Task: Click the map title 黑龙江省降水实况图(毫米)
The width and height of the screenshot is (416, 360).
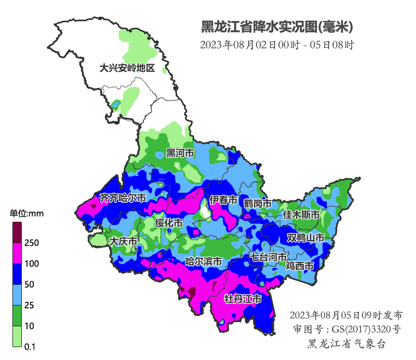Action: click(x=277, y=27)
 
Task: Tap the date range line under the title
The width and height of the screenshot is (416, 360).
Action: click(x=277, y=45)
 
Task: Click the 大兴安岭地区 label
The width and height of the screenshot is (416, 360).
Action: click(x=127, y=68)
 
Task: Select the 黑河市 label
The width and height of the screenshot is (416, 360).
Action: click(x=180, y=153)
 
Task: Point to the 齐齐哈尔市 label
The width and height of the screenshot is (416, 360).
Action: click(x=123, y=198)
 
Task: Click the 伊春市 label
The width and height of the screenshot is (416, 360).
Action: click(x=223, y=200)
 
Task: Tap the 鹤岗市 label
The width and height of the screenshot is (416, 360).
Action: click(x=257, y=203)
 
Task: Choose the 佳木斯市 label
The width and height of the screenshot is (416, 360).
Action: click(x=301, y=215)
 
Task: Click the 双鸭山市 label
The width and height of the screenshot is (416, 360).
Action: click(x=305, y=238)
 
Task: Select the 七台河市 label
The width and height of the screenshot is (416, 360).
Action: click(x=269, y=257)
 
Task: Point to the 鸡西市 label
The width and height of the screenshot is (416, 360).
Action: click(x=300, y=266)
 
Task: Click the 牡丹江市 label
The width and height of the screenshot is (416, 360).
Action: click(x=243, y=299)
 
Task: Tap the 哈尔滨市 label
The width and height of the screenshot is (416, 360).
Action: click(x=203, y=262)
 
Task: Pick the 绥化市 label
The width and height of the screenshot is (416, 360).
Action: click(x=169, y=223)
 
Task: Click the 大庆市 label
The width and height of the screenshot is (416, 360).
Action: click(x=123, y=241)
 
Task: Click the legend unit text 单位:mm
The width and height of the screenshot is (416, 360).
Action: click(x=27, y=214)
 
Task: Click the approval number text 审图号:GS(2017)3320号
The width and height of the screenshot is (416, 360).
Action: click(x=347, y=329)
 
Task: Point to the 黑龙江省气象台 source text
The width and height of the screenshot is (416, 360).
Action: click(x=347, y=344)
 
